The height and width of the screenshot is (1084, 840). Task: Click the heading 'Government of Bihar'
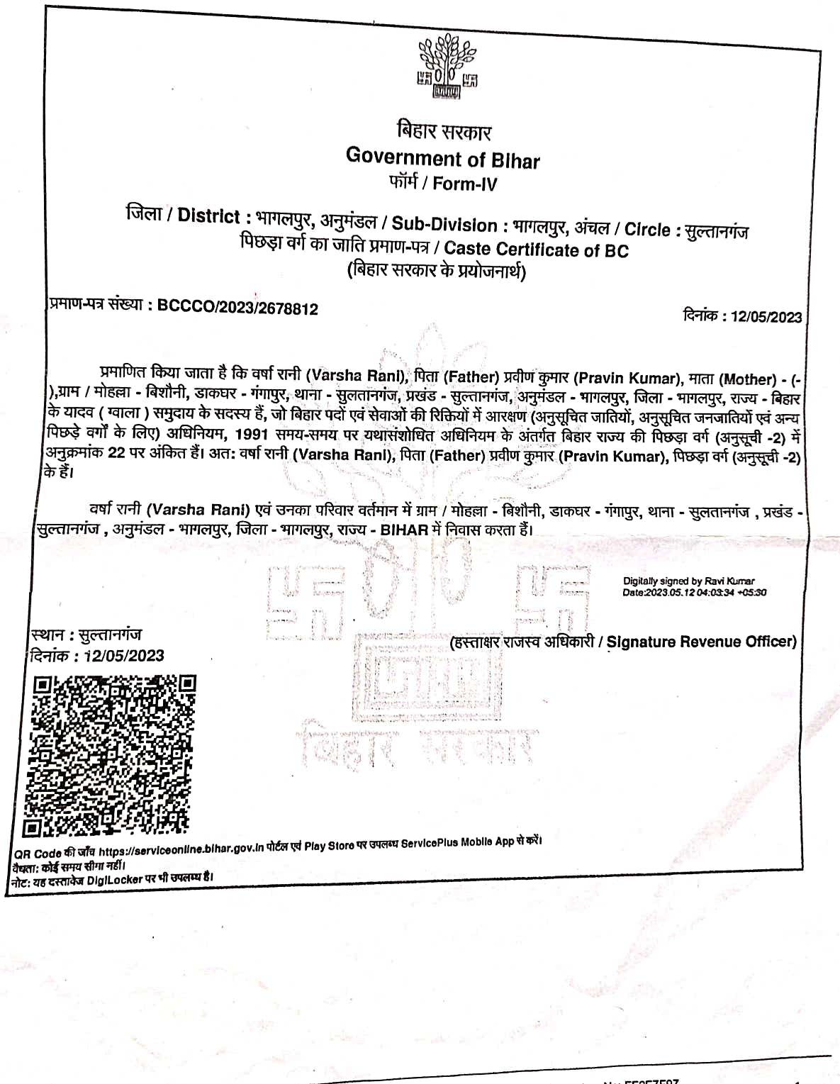point(442,157)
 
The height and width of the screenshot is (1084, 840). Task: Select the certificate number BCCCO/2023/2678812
point(237,308)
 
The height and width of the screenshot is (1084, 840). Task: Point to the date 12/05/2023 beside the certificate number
point(766,317)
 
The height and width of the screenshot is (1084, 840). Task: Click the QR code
point(109,756)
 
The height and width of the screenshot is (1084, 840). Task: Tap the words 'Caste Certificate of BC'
point(536,250)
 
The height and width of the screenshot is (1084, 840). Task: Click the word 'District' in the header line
point(208,216)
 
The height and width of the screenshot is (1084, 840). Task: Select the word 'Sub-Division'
point(444,225)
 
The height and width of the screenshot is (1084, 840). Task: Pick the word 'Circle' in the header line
point(647,230)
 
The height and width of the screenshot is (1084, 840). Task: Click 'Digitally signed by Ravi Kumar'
point(688,581)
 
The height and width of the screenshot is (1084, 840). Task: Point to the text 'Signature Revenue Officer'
point(701,642)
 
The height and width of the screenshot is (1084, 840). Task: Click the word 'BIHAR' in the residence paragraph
point(404,530)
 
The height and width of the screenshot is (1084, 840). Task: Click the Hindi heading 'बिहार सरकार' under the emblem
point(444,131)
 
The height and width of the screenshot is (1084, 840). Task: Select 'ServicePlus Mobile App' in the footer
point(457,843)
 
